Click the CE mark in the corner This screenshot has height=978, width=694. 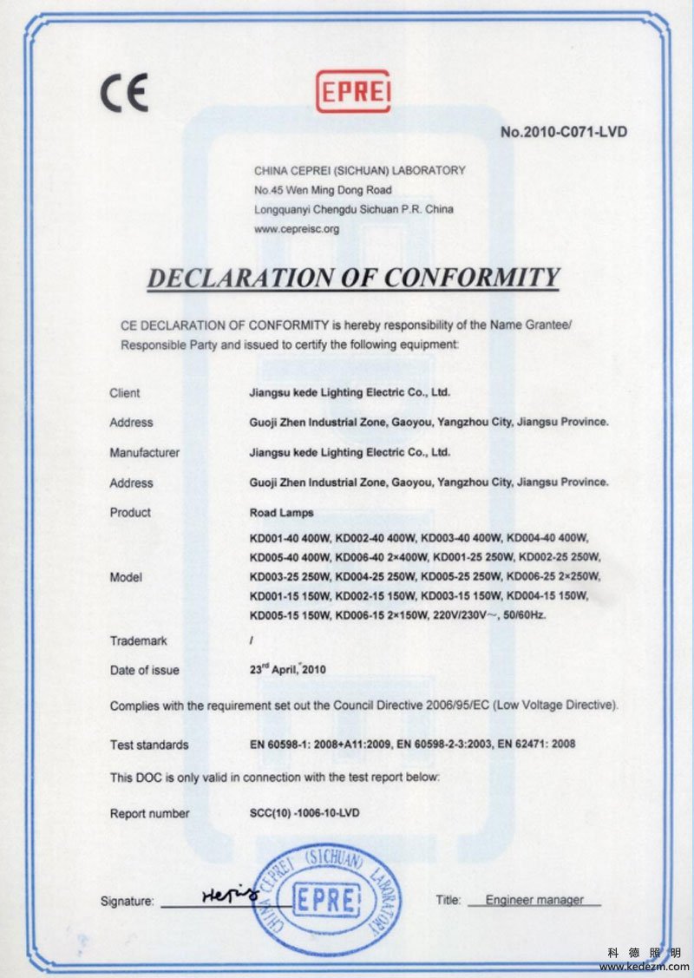point(124,92)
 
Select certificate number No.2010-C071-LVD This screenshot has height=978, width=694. point(564,132)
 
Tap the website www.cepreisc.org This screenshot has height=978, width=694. point(296,229)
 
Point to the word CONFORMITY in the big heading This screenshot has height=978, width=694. point(472,278)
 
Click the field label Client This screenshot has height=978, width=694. point(125,393)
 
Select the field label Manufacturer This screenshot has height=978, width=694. point(144,452)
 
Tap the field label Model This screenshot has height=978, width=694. point(126,577)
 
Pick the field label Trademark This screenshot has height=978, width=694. point(138,640)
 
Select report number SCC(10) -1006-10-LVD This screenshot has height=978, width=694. point(304,813)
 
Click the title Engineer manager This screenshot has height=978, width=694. point(534,900)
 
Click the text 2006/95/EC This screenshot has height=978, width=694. point(457,706)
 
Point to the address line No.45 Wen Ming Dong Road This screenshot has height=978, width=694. point(323,190)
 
